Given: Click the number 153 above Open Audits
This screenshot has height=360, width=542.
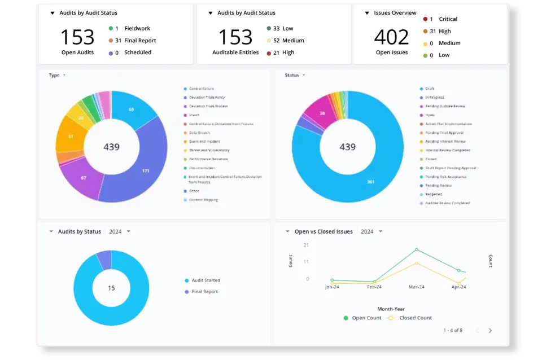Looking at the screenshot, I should click(x=77, y=37).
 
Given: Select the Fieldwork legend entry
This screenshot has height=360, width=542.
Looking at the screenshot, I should click(x=137, y=28).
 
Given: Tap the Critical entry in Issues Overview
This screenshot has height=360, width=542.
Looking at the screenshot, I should click(x=448, y=19).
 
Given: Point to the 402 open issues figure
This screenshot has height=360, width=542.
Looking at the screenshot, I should click(x=391, y=37).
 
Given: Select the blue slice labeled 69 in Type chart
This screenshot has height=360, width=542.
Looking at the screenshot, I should click(x=132, y=109).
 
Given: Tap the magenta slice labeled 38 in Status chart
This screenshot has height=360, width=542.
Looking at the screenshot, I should click(x=322, y=113).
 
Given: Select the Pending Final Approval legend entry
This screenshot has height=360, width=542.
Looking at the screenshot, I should click(x=444, y=133).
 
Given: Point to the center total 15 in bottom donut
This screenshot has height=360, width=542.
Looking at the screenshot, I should click(x=111, y=288).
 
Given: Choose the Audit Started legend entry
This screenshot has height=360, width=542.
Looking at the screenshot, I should click(x=206, y=280).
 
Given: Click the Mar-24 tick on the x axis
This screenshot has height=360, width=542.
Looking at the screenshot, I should click(x=416, y=287).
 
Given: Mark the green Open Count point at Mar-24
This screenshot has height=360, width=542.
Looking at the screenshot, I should click(x=417, y=249).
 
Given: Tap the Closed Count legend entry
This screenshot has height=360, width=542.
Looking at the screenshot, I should click(x=415, y=318).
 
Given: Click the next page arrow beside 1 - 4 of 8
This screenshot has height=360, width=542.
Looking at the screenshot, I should click(x=490, y=331).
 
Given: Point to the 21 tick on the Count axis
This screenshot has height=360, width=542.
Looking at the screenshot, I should click(x=305, y=245).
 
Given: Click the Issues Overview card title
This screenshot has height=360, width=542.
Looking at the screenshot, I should click(x=395, y=13).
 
